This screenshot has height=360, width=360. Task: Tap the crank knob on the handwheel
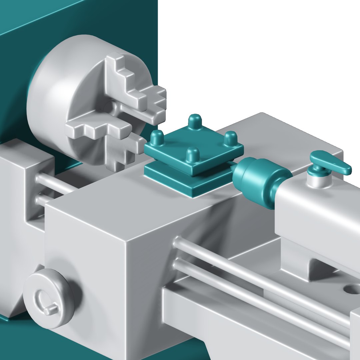pos(51,310)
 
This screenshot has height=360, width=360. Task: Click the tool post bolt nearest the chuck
pos(157,137)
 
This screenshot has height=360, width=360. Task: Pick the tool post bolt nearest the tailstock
pos(230,138)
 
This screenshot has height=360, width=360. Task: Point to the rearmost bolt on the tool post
pos(195,121)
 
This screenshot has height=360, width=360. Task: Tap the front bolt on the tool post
pos(192,155)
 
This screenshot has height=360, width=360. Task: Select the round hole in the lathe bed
pos(352,288)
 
